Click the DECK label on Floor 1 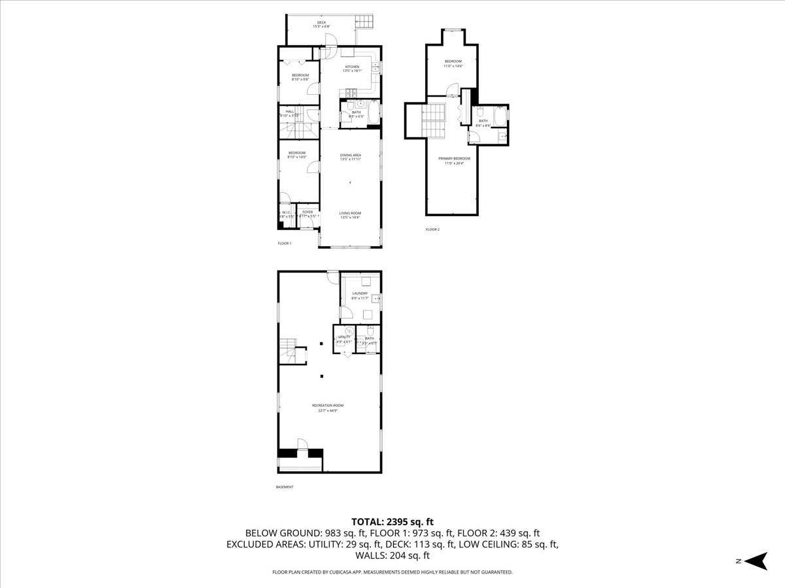click(321, 23)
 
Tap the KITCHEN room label click(353, 67)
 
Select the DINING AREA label click(351, 155)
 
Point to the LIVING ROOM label click(351, 213)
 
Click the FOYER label click(307, 212)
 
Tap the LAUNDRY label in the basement click(360, 293)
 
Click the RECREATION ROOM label click(328, 405)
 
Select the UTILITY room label click(344, 337)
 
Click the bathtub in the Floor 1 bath click(372, 112)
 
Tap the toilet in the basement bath click(370, 331)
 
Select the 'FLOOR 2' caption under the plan click(432, 229)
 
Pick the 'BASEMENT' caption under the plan click(285, 487)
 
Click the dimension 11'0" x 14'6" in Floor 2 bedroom click(453, 66)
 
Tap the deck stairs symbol click(364, 24)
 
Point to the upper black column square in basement click(321, 344)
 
